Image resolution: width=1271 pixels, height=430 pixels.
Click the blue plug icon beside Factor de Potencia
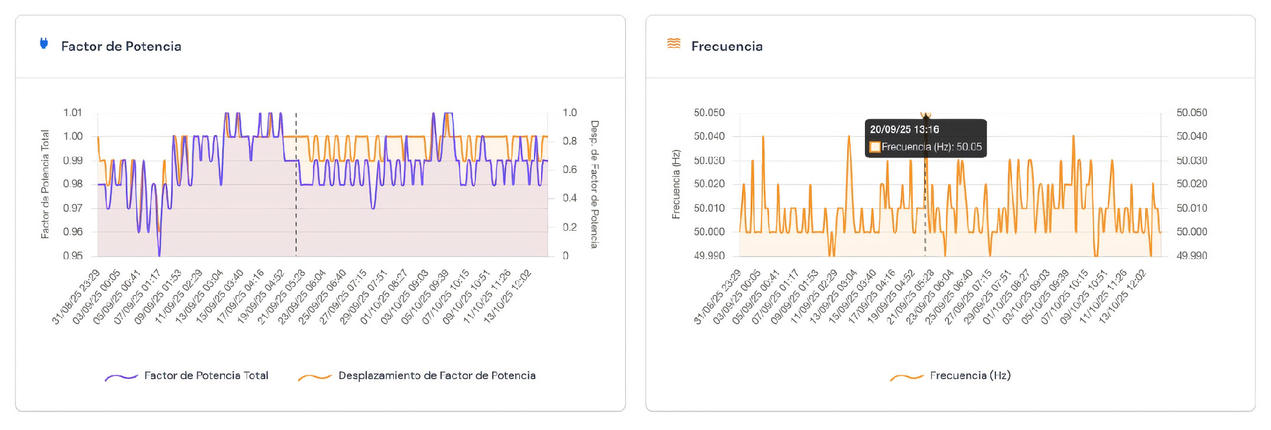click(x=44, y=44)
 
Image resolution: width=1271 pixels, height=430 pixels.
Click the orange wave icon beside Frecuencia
click(x=673, y=44)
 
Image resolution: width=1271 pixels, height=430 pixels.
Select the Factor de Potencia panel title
click(x=121, y=46)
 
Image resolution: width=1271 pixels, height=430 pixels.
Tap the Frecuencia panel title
click(x=727, y=46)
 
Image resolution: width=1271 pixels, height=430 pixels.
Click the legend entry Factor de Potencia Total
click(x=206, y=375)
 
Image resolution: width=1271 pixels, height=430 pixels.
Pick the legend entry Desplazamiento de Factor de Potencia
click(x=436, y=375)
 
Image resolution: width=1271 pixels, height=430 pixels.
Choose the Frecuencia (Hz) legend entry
click(x=970, y=375)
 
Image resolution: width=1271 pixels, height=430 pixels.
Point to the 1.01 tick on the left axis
click(x=73, y=113)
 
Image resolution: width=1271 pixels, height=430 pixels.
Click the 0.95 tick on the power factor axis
click(x=73, y=256)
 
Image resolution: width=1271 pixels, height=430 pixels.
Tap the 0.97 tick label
click(x=73, y=208)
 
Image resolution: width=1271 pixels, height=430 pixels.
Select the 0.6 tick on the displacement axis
click(x=569, y=170)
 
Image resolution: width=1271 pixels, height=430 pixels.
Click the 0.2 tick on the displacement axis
click(x=569, y=227)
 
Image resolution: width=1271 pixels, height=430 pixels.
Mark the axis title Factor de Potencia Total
click(x=45, y=184)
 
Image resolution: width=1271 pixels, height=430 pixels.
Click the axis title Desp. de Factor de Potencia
click(x=594, y=184)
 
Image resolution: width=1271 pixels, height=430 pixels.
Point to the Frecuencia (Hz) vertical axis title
click(x=676, y=184)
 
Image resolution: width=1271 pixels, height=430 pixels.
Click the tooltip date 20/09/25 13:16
click(x=904, y=129)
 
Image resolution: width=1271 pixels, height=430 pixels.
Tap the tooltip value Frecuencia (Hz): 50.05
click(x=931, y=147)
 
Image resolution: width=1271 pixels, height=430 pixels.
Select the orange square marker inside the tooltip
click(x=875, y=147)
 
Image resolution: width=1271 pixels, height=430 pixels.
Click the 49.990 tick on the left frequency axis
click(x=709, y=256)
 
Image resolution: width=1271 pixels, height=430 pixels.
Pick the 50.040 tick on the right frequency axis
click(x=1191, y=136)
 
